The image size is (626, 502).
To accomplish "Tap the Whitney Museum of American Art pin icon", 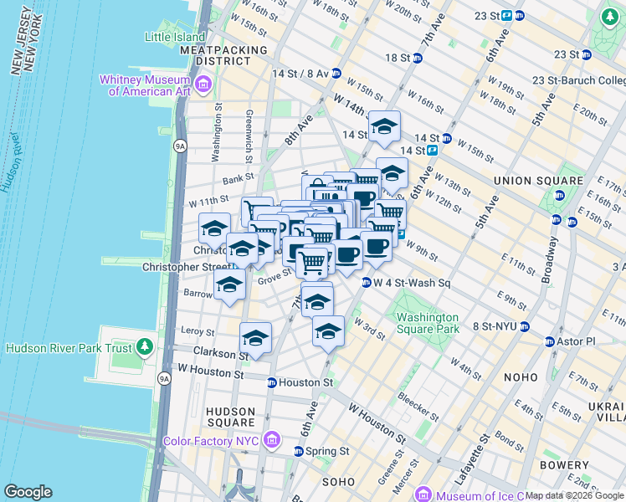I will pos(202,85).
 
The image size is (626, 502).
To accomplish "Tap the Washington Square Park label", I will pos(428,323).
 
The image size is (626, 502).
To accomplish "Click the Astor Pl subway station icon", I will pos(550,341).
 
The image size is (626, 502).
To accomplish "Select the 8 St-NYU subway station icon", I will pos(525,326).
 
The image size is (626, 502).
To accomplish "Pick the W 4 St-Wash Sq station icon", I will pos(366,282).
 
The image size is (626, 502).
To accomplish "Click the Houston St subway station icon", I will pos(271,382).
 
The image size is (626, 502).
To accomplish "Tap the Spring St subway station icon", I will pos(298,451).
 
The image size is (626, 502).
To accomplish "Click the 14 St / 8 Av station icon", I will pos(336,73).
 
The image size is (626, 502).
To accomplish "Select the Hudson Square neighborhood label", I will pos(229,417).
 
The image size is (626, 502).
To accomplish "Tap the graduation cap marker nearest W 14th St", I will pos(384,126).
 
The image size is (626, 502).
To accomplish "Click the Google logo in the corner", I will pos(28,492).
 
